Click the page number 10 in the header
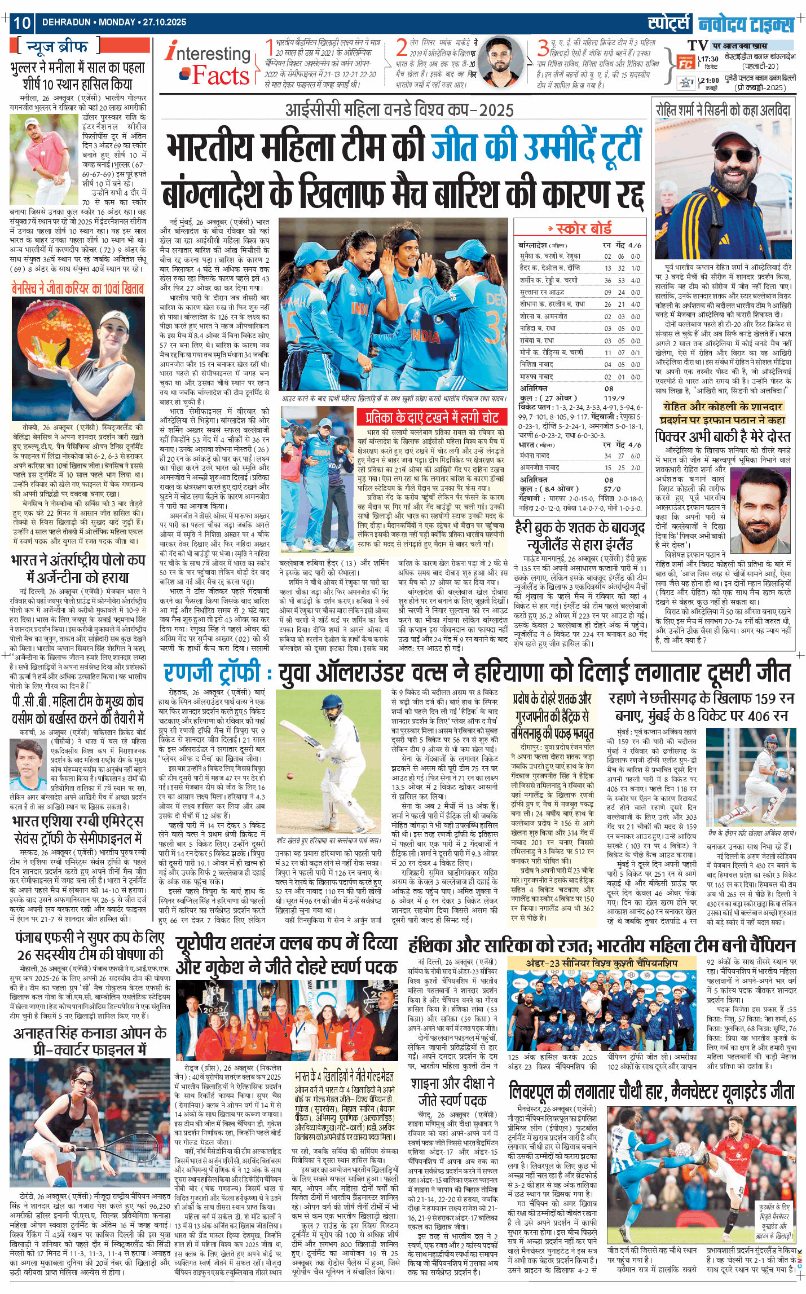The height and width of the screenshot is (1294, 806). point(22,23)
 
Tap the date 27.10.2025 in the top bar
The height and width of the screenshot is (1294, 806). point(164,23)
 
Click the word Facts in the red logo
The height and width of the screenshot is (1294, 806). point(220,76)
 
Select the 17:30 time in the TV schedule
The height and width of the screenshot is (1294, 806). point(709,59)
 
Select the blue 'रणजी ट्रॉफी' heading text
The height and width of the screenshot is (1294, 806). point(212,673)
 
